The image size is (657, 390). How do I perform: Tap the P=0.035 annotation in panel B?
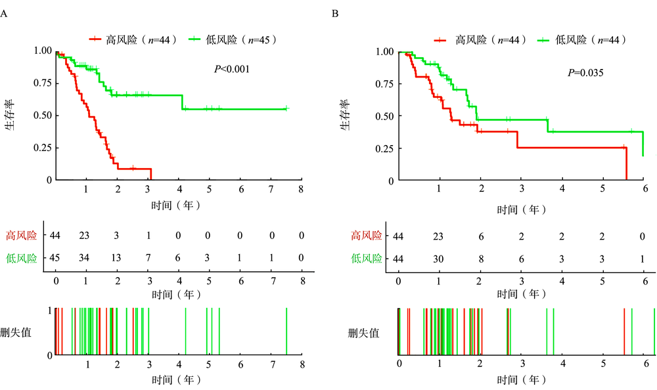[585, 72]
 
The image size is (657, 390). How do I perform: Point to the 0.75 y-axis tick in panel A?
[41, 83]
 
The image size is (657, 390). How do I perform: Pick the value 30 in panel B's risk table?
[439, 259]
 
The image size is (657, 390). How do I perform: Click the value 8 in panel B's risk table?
[480, 259]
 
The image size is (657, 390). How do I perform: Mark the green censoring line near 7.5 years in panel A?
[287, 332]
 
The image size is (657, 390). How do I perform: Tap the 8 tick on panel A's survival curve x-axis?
[302, 189]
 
